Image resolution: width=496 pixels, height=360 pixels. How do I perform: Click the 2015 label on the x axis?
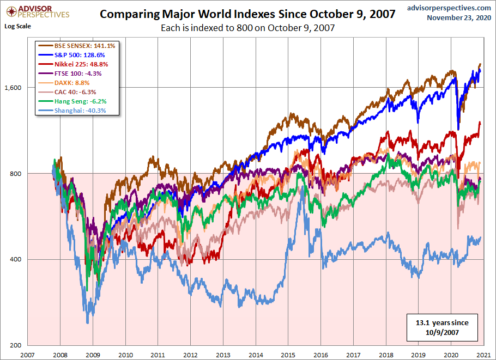(288, 354)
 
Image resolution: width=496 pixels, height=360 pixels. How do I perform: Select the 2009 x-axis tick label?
(93, 354)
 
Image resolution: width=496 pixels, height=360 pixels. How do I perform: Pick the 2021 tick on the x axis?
(483, 354)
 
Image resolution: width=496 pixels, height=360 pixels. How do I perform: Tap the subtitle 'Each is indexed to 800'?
(247, 27)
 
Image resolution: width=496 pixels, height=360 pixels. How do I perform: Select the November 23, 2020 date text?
(459, 17)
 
